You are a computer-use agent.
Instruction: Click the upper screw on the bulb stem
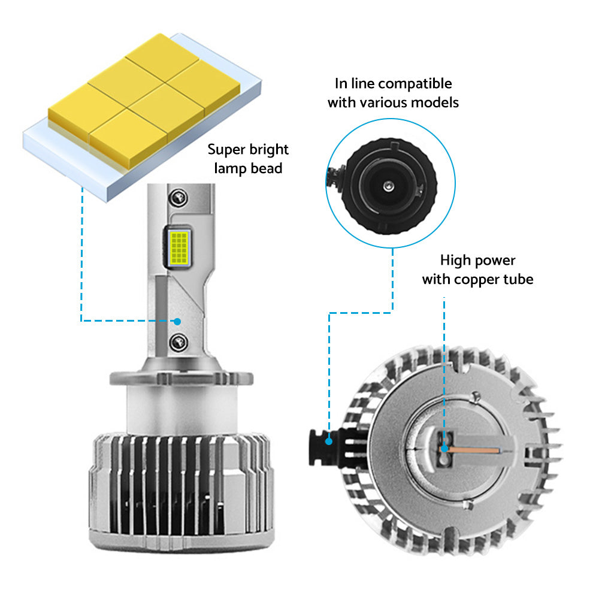tap(179, 198)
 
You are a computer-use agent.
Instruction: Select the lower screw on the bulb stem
tap(179, 342)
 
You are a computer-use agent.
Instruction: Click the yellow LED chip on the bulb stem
tap(179, 249)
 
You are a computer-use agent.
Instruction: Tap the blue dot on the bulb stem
tap(177, 322)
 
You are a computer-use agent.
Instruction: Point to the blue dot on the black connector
tap(328, 441)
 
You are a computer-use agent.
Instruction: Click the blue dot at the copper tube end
tap(444, 449)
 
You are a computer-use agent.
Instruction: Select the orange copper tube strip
tap(474, 450)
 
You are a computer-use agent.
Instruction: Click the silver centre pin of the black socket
tap(389, 186)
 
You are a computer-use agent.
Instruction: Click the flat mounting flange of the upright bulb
tap(181, 378)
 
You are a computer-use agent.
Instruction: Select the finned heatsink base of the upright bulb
tap(181, 493)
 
